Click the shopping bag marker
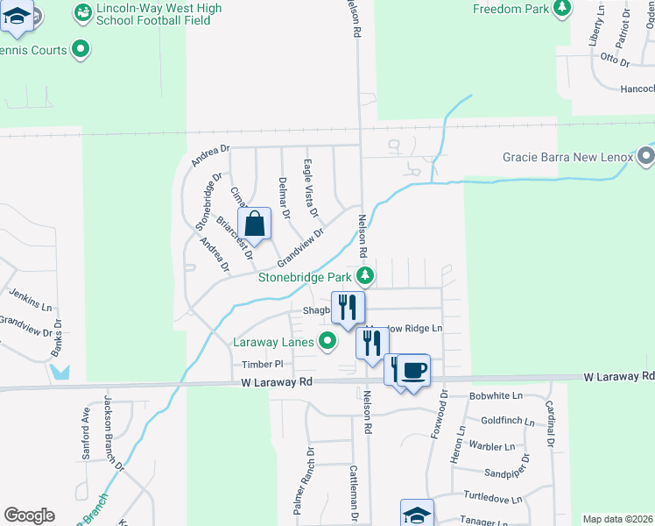(254, 224)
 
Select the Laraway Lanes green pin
(327, 342)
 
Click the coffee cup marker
(414, 370)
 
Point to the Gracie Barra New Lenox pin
(646, 158)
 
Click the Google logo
(29, 515)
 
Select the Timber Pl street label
(259, 364)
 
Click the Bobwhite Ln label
(495, 396)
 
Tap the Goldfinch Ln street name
(507, 422)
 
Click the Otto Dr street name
(615, 60)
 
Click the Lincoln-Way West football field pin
(83, 12)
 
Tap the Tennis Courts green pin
(81, 50)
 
